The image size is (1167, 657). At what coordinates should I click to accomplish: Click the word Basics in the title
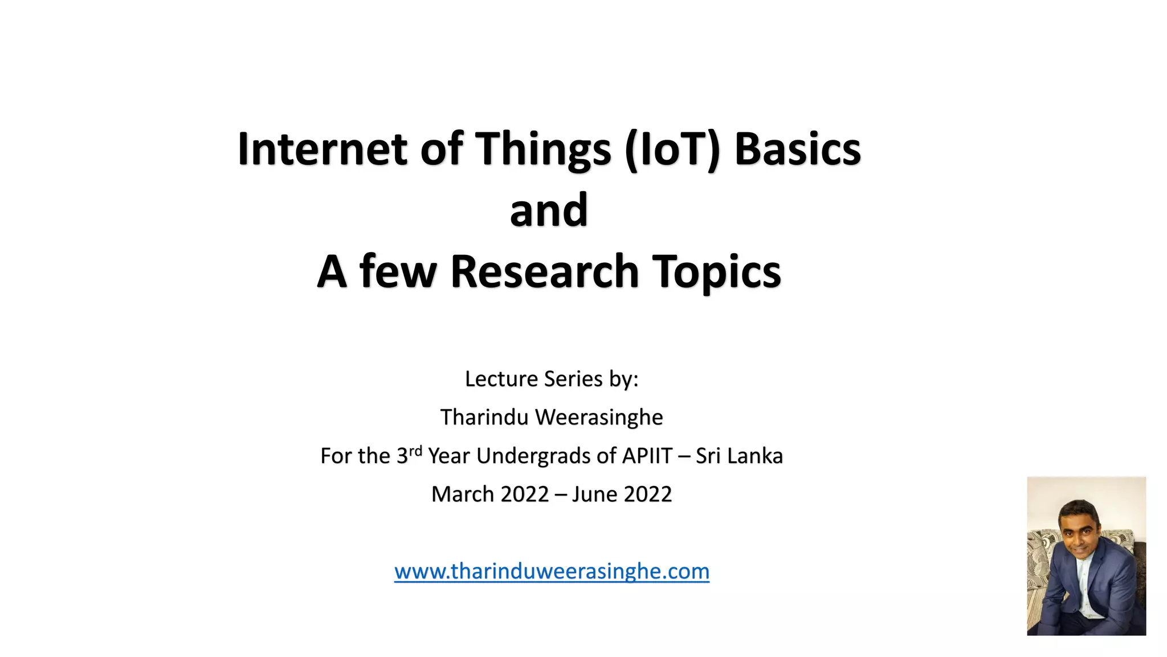pos(797,149)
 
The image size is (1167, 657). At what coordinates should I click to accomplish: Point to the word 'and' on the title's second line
pos(549,210)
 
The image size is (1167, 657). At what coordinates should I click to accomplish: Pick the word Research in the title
pos(544,271)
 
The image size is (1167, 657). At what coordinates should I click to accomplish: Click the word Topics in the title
pos(716,271)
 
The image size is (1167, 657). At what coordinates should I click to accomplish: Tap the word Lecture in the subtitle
pos(501,379)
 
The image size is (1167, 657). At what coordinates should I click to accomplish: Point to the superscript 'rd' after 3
pos(415,451)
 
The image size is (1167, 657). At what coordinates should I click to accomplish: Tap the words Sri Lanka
pos(739,456)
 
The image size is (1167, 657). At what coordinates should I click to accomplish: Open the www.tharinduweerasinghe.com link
pos(552,571)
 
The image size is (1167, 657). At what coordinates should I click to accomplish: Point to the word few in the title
pos(398,271)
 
